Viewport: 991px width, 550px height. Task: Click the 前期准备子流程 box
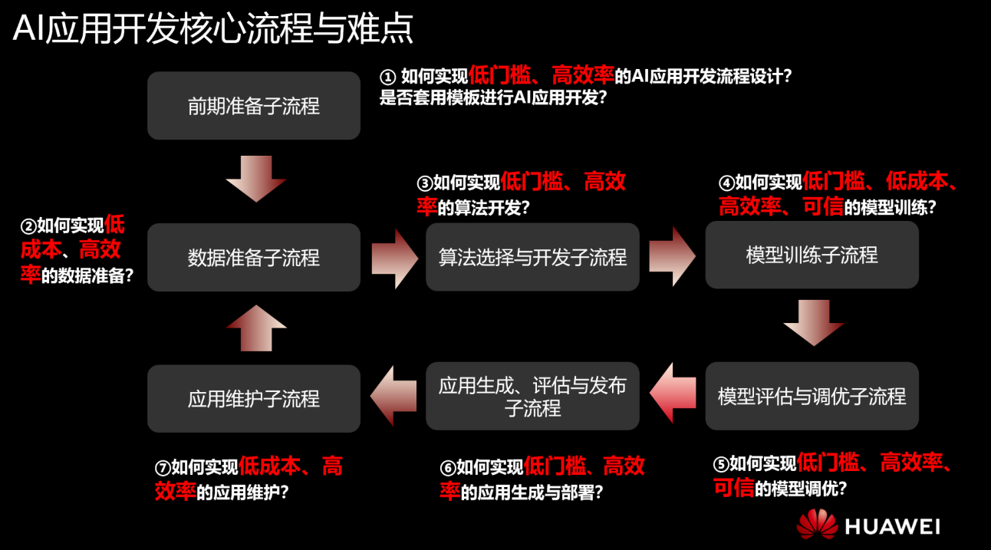coord(253,106)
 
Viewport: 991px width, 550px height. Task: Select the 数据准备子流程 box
coord(253,258)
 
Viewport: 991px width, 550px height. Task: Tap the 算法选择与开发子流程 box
coord(532,257)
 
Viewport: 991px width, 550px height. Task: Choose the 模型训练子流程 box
coord(812,255)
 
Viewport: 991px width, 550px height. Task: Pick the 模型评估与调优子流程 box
coord(812,396)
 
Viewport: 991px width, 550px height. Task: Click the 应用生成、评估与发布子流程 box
coord(532,396)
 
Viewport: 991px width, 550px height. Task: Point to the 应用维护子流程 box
coord(253,399)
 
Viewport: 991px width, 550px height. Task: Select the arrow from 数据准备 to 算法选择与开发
coord(393,257)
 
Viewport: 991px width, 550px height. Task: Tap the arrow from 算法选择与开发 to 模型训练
coord(672,255)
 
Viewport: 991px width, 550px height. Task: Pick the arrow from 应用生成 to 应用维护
coord(393,396)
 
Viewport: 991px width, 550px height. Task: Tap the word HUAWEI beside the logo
coord(892,526)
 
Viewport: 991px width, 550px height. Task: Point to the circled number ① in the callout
coord(388,77)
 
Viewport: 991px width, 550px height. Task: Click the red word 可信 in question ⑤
coord(733,489)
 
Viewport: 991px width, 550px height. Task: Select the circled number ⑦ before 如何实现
coord(162,467)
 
